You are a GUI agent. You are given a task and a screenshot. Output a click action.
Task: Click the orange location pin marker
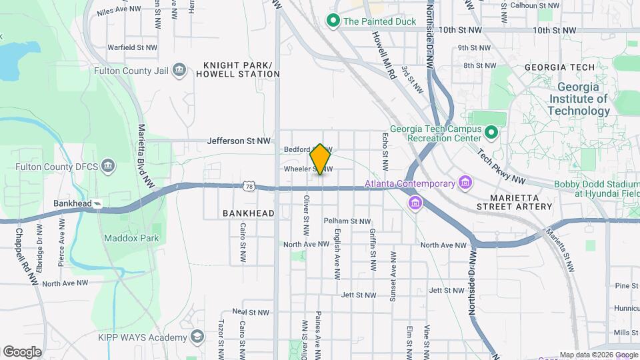pyautogui.click(x=321, y=159)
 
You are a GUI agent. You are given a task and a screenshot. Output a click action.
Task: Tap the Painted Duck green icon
pyautogui.click(x=333, y=21)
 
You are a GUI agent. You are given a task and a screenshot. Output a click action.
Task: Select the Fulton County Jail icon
pyautogui.click(x=178, y=70)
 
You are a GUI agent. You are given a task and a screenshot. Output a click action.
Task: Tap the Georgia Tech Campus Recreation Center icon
pyautogui.click(x=491, y=133)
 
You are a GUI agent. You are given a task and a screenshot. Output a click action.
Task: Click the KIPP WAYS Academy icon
pyautogui.click(x=197, y=337)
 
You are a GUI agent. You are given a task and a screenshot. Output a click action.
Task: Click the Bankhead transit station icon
pyautogui.click(x=98, y=203)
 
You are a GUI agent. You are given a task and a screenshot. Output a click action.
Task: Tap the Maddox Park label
pyautogui.click(x=122, y=237)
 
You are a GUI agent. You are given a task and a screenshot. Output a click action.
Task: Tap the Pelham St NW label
pyautogui.click(x=347, y=221)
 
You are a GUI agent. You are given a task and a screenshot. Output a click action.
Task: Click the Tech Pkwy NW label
pyautogui.click(x=501, y=167)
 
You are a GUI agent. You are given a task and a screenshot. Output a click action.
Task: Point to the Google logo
pyautogui.click(x=22, y=351)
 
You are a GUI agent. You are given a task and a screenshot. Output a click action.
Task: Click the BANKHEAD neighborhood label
pyautogui.click(x=249, y=213)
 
